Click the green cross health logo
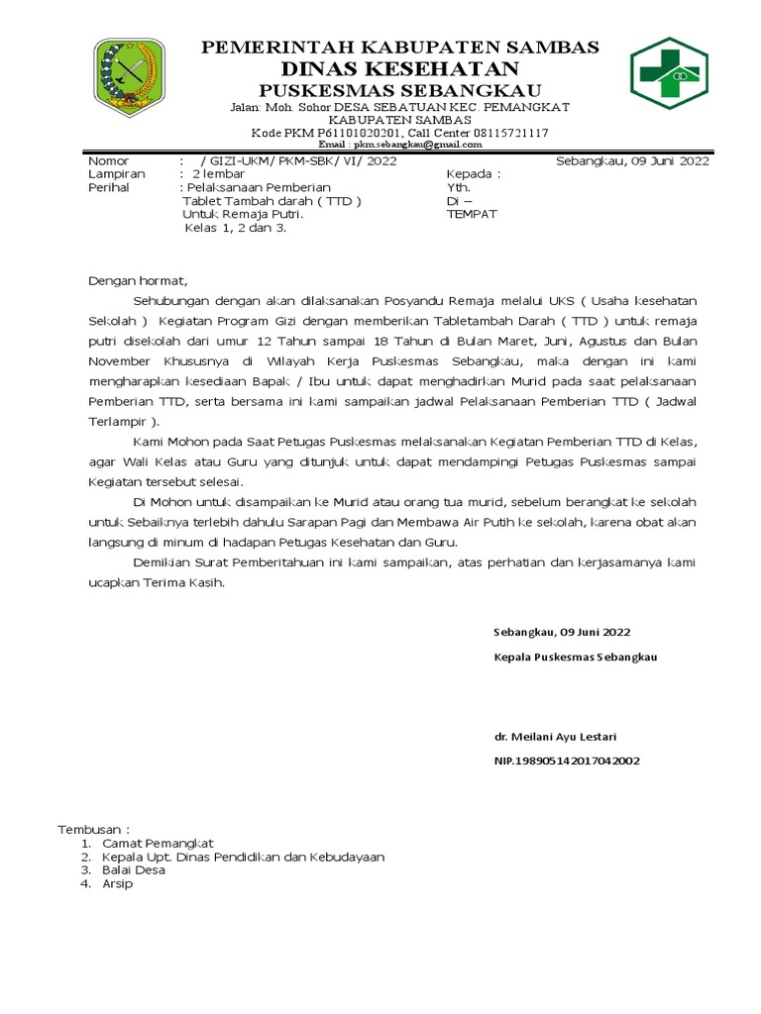[x=669, y=75]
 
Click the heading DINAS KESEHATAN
[x=400, y=67]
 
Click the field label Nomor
[x=109, y=161]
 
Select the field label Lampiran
[x=117, y=174]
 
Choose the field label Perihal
[x=109, y=187]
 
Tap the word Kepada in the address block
[x=473, y=174]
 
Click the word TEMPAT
[x=472, y=214]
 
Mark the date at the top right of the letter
[x=632, y=161]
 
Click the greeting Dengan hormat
[x=137, y=281]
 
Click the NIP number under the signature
[x=567, y=760]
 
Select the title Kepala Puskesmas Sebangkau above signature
[x=575, y=657]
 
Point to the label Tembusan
[x=93, y=828]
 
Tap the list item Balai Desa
[x=134, y=869]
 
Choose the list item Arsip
[x=118, y=883]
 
